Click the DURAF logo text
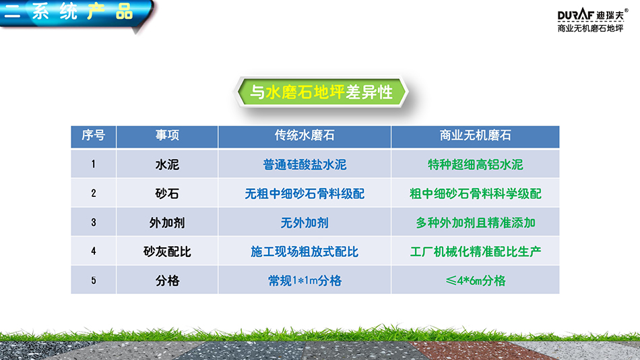(575, 15)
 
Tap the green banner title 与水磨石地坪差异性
(321, 92)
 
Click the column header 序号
(94, 136)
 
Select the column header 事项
(167, 136)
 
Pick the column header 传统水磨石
(305, 136)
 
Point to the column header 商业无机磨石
(475, 136)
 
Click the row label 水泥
(167, 164)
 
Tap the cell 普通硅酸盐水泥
(305, 164)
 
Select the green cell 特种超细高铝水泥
(475, 164)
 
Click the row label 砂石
(167, 193)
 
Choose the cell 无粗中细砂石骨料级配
(305, 193)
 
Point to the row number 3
(94, 222)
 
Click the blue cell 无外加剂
(305, 222)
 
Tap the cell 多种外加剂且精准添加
(475, 222)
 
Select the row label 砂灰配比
(167, 251)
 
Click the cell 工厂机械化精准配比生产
(475, 251)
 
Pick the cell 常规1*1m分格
(305, 280)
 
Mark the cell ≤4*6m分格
(475, 280)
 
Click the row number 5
(94, 280)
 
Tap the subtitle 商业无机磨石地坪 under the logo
(590, 28)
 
